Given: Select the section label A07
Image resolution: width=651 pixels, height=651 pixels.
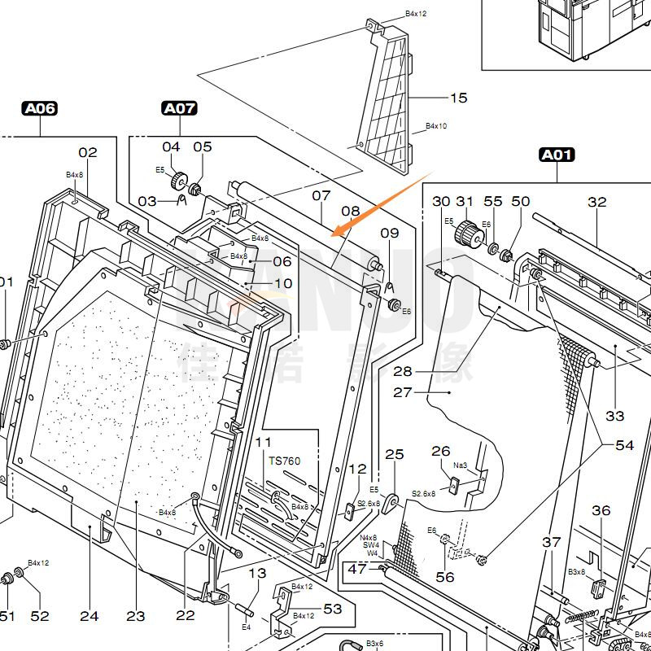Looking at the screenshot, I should pyautogui.click(x=179, y=107).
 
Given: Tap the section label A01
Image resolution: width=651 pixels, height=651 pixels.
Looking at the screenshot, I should pyautogui.click(x=557, y=154).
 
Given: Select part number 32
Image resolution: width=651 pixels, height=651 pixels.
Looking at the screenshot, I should pyautogui.click(x=597, y=202).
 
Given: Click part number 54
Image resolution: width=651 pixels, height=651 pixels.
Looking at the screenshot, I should pyautogui.click(x=624, y=445).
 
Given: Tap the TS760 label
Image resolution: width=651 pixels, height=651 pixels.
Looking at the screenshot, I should pyautogui.click(x=285, y=461).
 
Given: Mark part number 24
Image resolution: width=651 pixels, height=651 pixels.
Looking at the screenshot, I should pyautogui.click(x=89, y=616).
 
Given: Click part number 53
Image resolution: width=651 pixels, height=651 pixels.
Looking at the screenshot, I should pyautogui.click(x=333, y=609).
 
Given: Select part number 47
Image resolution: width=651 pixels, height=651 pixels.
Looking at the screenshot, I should pyautogui.click(x=357, y=569).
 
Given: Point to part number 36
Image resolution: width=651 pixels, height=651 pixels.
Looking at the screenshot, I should pyautogui.click(x=601, y=510).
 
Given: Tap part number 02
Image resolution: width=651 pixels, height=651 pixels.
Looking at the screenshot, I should pyautogui.click(x=88, y=152).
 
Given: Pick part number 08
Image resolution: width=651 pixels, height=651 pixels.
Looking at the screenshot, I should pyautogui.click(x=350, y=212).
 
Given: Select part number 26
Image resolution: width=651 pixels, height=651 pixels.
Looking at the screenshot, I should pyautogui.click(x=440, y=451).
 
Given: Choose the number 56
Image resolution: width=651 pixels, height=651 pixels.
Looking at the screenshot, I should pyautogui.click(x=445, y=577).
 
